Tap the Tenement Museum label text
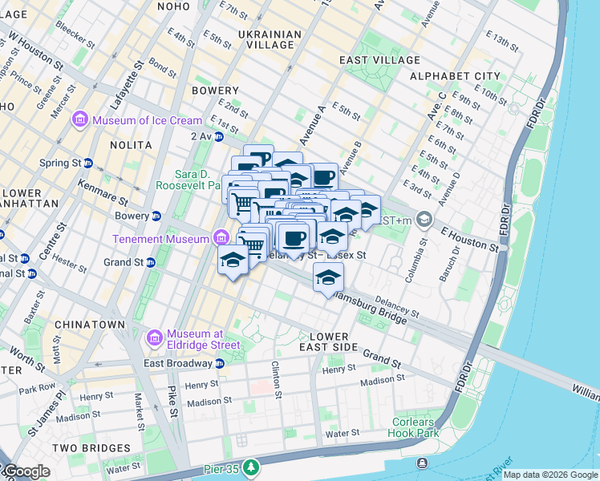[x=160, y=238]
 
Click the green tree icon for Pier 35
[x=252, y=466]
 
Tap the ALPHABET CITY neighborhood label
[x=455, y=76]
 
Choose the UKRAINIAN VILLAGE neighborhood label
[x=270, y=39]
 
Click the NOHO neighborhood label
[x=173, y=6]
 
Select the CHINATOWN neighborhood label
[x=90, y=325]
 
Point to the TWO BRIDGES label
[x=86, y=447]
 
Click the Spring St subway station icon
[x=88, y=163]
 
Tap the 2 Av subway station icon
[x=219, y=136]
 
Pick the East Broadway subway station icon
[x=220, y=362]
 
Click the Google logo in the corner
[x=26, y=471]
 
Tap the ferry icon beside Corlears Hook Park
[x=423, y=463]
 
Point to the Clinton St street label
[x=278, y=379]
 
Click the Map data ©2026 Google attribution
[x=550, y=475]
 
